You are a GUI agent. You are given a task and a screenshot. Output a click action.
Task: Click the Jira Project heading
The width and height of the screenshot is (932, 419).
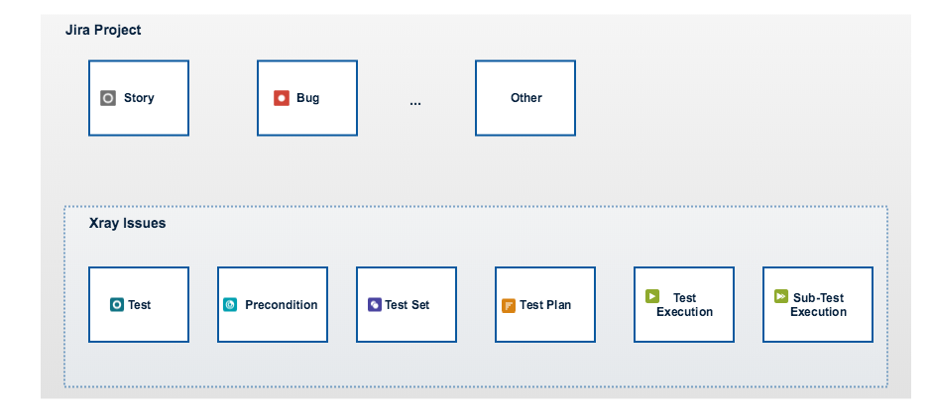click(x=103, y=31)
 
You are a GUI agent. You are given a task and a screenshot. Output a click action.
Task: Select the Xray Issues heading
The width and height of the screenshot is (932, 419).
click(x=127, y=223)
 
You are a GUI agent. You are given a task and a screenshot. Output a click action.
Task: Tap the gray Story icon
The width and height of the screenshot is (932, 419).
click(x=108, y=98)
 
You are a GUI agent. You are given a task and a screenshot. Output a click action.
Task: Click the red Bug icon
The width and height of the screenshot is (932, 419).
click(x=282, y=98)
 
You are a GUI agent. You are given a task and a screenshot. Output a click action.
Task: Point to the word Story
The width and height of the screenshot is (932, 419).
click(x=139, y=98)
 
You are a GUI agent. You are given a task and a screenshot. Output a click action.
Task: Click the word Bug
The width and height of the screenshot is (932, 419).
click(x=308, y=98)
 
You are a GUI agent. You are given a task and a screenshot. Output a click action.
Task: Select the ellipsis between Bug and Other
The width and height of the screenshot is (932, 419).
click(x=414, y=103)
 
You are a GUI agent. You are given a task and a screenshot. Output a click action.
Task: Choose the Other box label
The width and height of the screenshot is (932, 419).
click(x=526, y=98)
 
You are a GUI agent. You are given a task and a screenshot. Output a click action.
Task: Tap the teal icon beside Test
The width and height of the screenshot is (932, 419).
click(x=117, y=304)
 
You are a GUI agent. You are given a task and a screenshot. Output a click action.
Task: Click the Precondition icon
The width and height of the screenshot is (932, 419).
click(x=229, y=304)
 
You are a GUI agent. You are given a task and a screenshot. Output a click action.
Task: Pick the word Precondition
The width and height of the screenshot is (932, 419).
click(x=282, y=304)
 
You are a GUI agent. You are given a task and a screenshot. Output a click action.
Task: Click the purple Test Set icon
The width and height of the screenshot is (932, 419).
click(x=375, y=304)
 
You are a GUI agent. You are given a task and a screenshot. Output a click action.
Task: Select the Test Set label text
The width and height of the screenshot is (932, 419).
click(x=408, y=304)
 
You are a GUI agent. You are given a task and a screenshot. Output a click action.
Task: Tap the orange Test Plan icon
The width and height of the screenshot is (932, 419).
click(x=509, y=305)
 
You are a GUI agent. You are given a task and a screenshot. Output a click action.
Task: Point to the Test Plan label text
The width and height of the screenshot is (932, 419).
click(x=545, y=304)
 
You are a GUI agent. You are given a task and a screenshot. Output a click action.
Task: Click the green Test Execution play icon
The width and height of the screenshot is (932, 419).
click(x=652, y=295)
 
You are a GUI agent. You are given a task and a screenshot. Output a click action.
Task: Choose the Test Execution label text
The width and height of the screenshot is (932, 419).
click(x=685, y=304)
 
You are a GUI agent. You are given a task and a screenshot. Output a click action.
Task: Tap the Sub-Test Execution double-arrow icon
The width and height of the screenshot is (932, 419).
click(x=781, y=295)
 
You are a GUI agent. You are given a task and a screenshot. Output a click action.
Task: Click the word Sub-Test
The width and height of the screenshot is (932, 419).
click(x=818, y=297)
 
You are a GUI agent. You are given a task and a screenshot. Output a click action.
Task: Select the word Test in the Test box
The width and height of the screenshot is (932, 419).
click(x=139, y=304)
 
